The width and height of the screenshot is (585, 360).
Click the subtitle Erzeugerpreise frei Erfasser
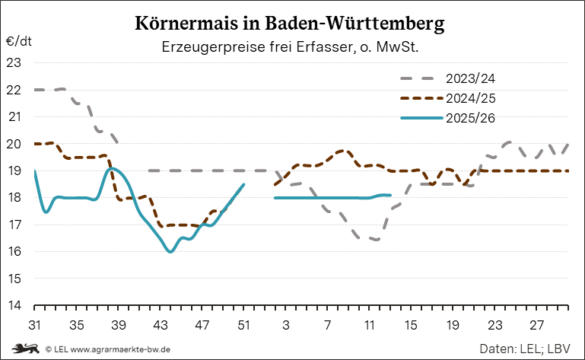point(291,47)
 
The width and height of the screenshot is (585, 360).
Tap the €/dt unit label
point(19,41)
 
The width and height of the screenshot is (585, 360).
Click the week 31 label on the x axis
point(34,324)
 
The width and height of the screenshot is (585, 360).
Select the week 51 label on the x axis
point(243,324)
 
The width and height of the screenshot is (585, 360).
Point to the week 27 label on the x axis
point(536,324)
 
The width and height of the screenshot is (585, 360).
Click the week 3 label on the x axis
point(285,324)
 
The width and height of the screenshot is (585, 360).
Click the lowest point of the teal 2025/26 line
point(170,252)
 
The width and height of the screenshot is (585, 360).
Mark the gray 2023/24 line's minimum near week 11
point(374,240)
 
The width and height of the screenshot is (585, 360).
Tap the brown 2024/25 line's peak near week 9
point(342,151)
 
